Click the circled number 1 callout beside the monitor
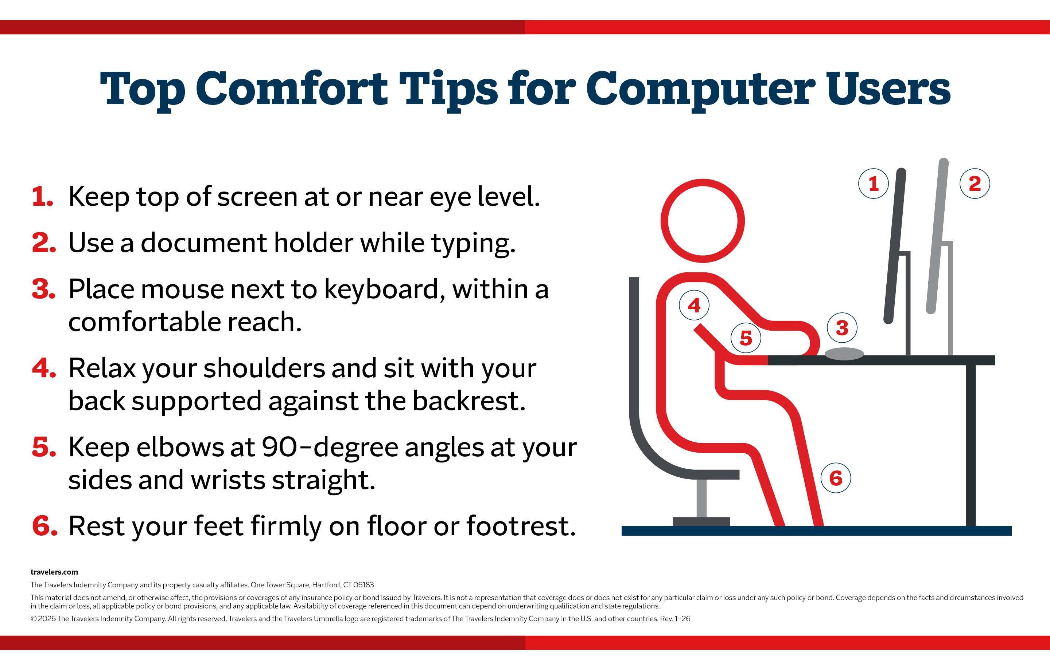[874, 184]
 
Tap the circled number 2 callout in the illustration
[975, 184]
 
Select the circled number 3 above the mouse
[842, 328]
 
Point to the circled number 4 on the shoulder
[694, 305]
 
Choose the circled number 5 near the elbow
[746, 338]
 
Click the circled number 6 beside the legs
[836, 478]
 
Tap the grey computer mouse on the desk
[844, 354]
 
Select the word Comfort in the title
[291, 88]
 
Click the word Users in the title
[888, 88]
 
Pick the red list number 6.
[44, 525]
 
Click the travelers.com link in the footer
[54, 572]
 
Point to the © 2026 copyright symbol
[34, 619]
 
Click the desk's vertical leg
[971, 445]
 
